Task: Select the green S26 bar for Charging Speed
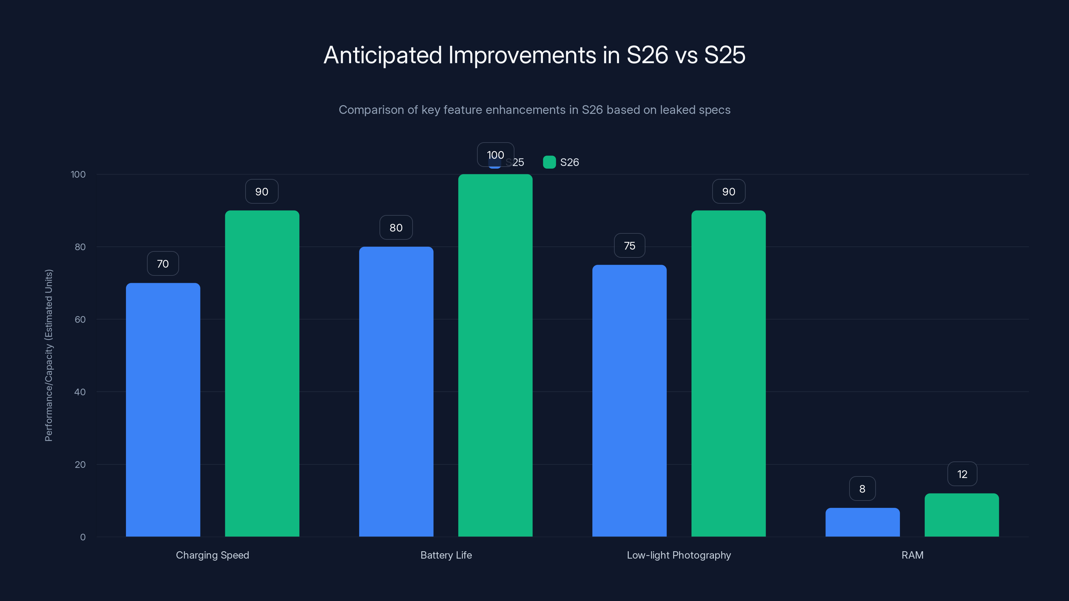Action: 262,373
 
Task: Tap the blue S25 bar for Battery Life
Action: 396,392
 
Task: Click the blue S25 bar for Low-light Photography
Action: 629,401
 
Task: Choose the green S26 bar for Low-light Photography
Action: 728,373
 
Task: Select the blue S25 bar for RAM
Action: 862,522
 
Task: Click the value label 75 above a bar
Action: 629,245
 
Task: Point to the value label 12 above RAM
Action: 962,474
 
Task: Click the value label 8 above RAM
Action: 862,488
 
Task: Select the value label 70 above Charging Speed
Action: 163,264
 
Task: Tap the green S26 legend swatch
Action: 549,162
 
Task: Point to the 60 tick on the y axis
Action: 80,320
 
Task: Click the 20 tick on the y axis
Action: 80,464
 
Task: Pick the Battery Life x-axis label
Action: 446,555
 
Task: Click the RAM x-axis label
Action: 912,555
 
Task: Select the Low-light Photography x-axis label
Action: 679,555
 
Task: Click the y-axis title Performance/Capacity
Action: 48,356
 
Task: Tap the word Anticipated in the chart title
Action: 383,55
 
